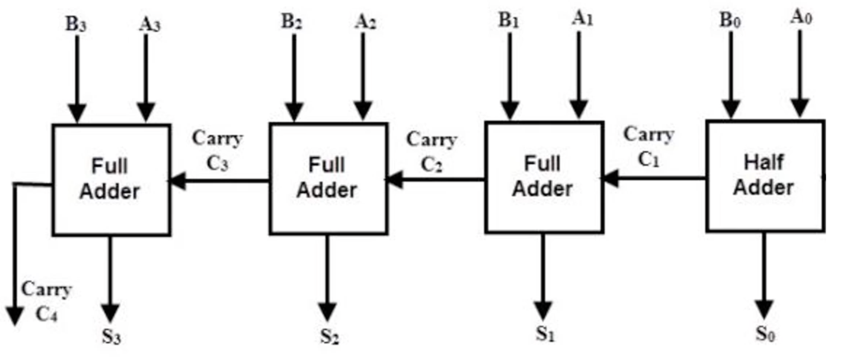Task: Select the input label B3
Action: pos(76,24)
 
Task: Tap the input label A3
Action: pos(149,24)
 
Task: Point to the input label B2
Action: pos(291,21)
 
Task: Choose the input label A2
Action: pos(365,21)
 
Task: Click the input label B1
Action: pos(508,20)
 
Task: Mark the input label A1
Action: pos(583,18)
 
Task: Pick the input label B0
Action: pos(729,20)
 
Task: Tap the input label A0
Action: pos(801,17)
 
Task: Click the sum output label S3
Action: pos(111,336)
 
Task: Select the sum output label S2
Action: pos(329,336)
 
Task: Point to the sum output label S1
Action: pos(545,333)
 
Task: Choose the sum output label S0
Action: pos(765,334)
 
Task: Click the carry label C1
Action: pos(648,159)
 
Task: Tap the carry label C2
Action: pos(431,164)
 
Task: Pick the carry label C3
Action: pos(217,163)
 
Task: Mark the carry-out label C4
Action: pos(47,314)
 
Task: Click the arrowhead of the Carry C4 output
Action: pos(15,317)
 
